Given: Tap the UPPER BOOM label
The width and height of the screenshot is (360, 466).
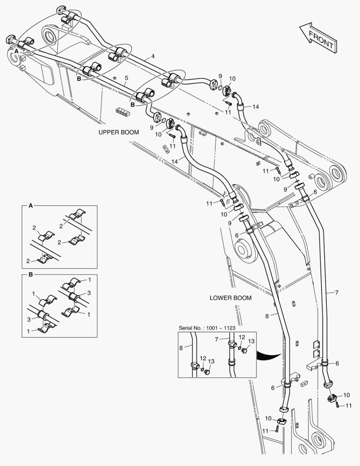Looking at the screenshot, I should (x=119, y=132).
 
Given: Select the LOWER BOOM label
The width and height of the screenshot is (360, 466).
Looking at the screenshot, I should (x=230, y=298).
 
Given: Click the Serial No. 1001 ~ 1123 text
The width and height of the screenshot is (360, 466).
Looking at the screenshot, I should (x=207, y=328).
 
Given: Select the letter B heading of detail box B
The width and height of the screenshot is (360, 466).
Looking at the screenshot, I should (x=30, y=274).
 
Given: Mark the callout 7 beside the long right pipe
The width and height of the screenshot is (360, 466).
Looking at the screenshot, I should (x=336, y=293).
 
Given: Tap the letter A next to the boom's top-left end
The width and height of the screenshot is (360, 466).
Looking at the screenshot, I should (x=16, y=51).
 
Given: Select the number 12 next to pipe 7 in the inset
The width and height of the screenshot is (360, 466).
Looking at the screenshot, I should (x=241, y=337).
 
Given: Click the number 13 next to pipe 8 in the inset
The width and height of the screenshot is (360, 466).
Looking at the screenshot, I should (x=211, y=361).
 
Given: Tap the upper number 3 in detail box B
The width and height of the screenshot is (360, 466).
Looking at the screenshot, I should (x=89, y=293).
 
